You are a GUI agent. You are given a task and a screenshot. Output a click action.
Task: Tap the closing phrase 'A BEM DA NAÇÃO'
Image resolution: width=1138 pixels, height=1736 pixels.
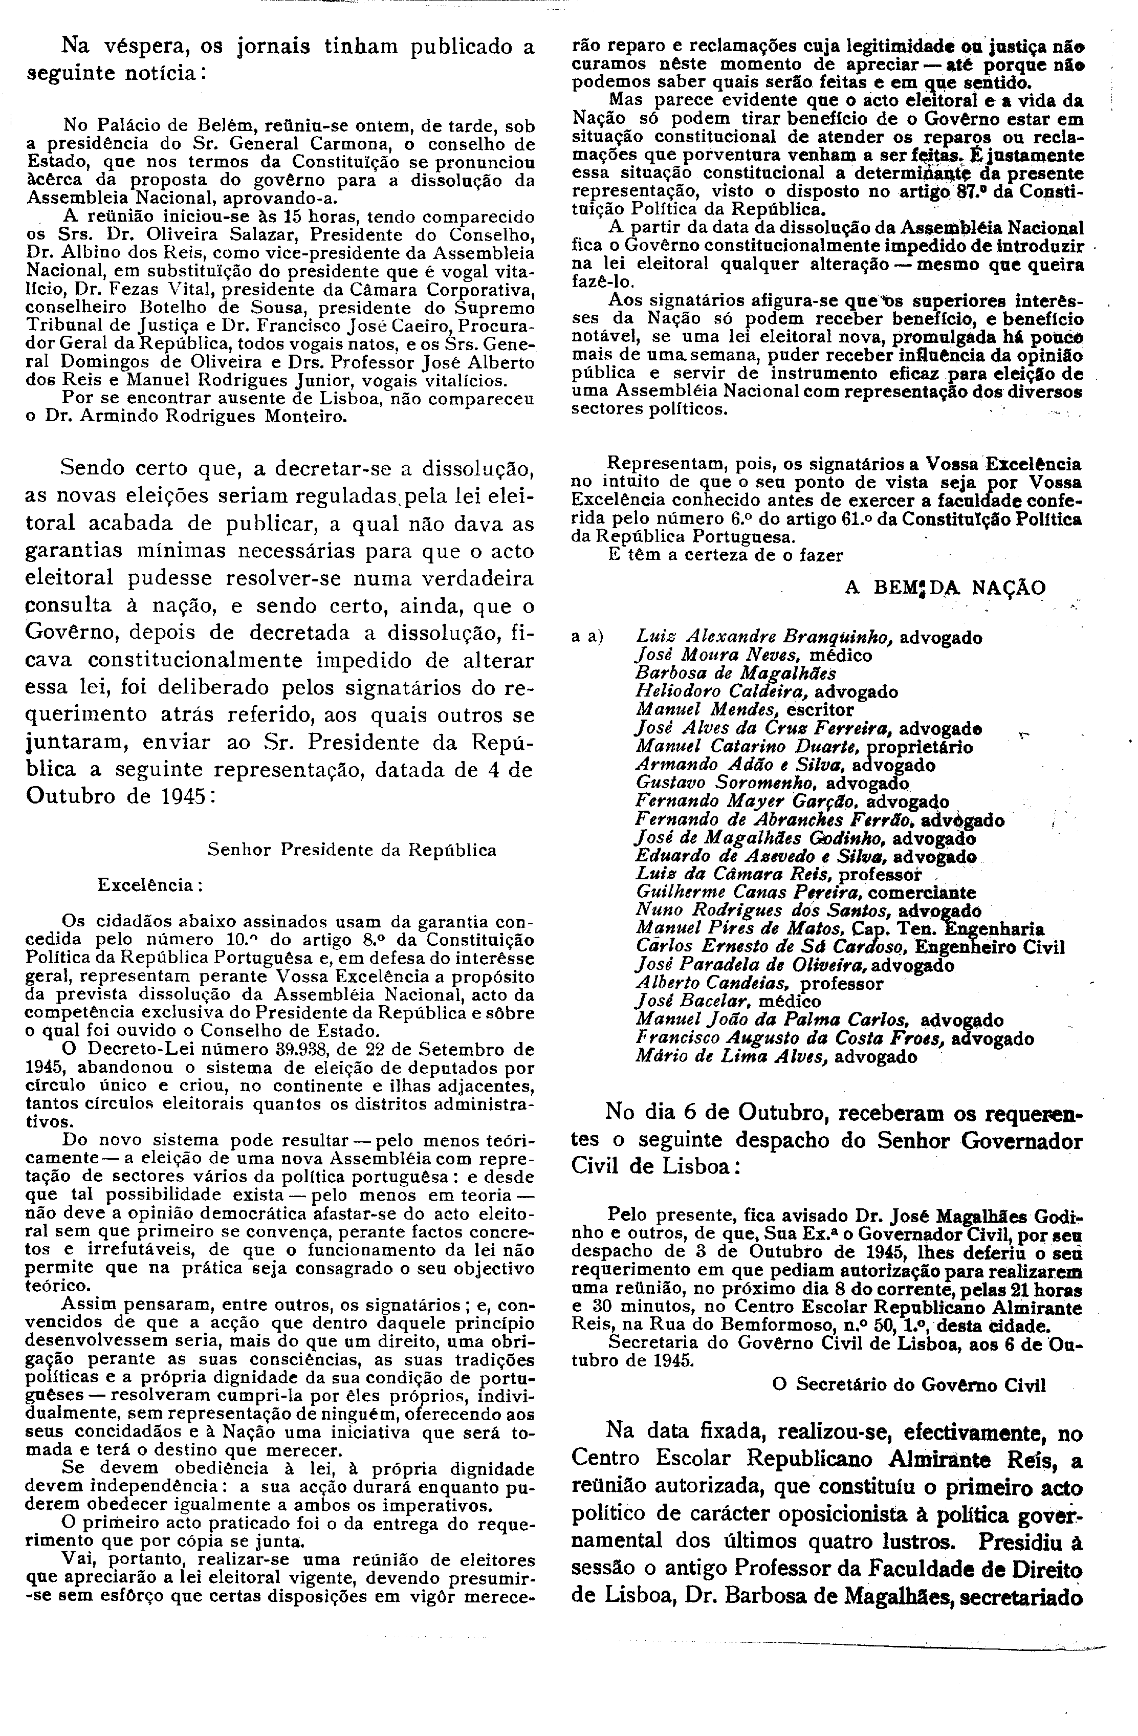(x=945, y=588)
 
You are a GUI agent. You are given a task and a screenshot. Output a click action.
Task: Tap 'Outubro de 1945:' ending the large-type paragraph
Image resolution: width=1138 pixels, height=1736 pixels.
(x=120, y=796)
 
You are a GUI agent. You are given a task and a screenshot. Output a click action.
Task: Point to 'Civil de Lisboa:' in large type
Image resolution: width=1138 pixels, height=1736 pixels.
(x=656, y=1166)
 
